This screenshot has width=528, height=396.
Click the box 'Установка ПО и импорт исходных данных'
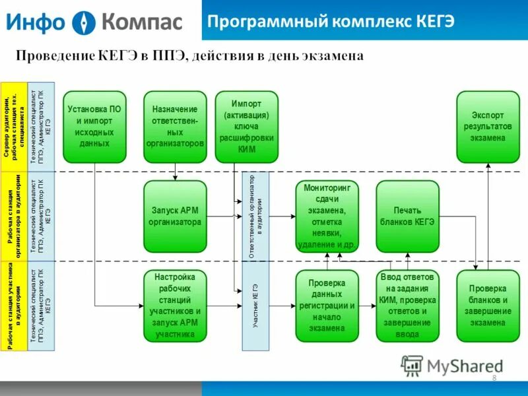94,127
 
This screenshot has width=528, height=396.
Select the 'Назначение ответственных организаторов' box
175,127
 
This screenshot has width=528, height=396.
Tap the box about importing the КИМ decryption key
246,127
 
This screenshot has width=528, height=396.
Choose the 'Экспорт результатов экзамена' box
488,127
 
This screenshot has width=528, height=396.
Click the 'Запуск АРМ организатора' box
175,216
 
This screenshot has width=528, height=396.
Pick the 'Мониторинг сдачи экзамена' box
327,216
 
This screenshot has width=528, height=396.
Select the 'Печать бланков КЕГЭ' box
407,216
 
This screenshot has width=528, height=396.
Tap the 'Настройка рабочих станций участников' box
175,306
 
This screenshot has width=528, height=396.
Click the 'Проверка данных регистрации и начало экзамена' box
327,306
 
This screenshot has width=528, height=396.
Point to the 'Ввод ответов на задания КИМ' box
407,306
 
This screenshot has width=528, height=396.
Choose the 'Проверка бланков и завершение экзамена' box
488,306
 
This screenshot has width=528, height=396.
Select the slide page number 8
494,377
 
